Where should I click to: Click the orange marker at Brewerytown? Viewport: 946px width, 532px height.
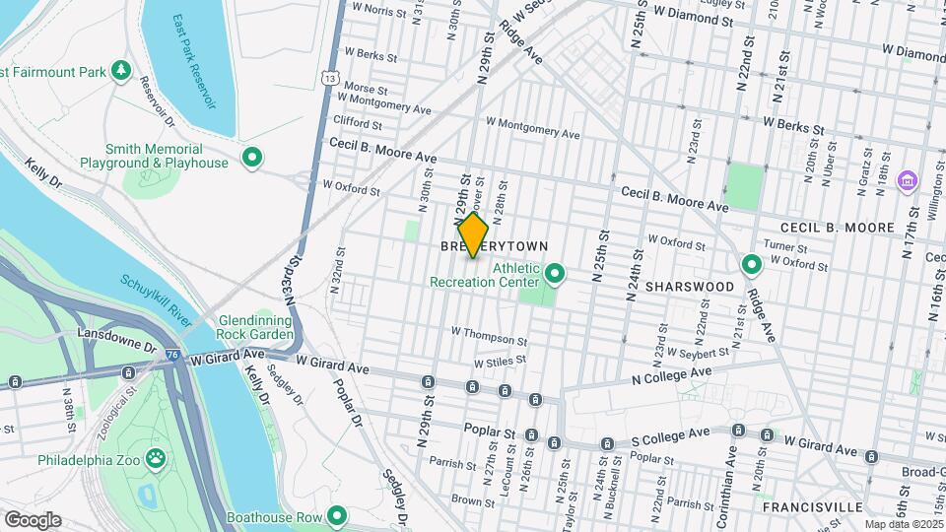tap(473, 235)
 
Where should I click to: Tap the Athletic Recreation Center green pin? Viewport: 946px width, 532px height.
tap(554, 272)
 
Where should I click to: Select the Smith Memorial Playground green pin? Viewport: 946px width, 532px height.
tap(251, 158)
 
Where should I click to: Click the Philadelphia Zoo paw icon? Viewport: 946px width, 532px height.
tap(156, 458)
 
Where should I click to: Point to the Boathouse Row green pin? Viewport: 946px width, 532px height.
tap(337, 515)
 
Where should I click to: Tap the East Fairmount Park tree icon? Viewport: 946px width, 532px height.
tap(120, 70)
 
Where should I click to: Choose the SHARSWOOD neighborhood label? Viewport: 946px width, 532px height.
tap(690, 286)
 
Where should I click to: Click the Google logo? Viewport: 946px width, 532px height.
tap(33, 519)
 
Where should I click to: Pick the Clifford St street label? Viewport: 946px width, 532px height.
tap(358, 124)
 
